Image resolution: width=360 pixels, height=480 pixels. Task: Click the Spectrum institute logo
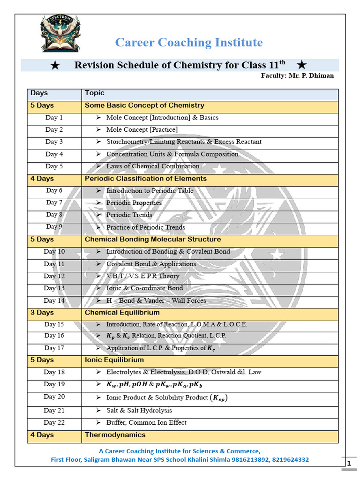click(60, 33)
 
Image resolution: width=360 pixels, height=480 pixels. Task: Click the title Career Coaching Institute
click(189, 43)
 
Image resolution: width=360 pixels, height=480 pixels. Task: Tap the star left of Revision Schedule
click(54, 65)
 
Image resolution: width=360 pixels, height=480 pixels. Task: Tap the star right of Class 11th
click(302, 65)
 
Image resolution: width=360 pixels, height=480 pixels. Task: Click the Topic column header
click(95, 93)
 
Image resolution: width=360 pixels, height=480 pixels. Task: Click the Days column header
click(39, 93)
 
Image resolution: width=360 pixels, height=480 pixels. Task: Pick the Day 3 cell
click(54, 142)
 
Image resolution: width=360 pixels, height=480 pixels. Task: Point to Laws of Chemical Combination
click(153, 166)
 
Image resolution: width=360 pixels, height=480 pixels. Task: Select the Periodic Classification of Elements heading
click(146, 179)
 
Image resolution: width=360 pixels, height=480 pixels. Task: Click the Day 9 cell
click(54, 227)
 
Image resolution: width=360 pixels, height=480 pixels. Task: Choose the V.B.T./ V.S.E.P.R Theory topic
click(142, 276)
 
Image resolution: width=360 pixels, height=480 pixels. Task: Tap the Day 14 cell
click(54, 300)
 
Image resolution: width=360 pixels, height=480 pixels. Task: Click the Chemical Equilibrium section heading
click(122, 312)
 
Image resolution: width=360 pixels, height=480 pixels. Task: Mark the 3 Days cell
click(42, 312)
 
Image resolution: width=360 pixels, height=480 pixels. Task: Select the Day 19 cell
click(54, 384)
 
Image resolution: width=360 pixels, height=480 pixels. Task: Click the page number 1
click(349, 464)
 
